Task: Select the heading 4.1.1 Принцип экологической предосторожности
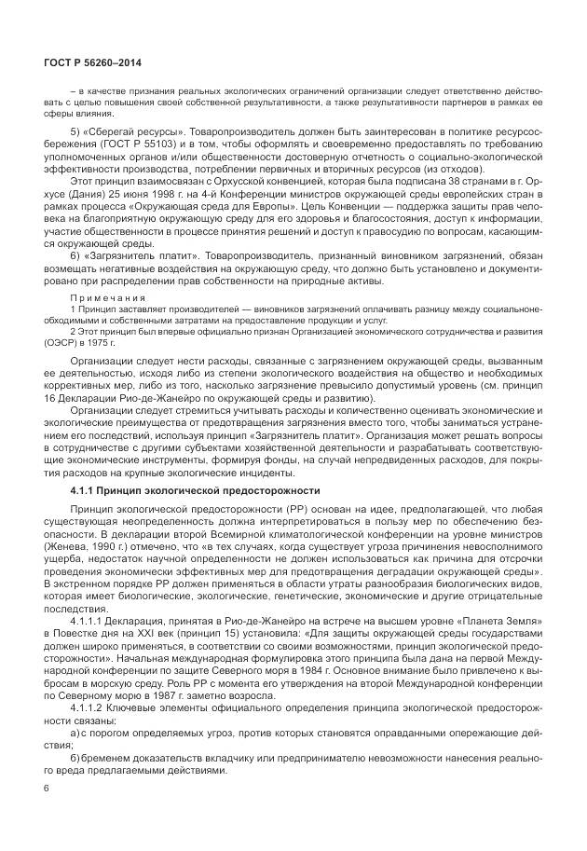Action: pyautogui.click(x=195, y=490)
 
